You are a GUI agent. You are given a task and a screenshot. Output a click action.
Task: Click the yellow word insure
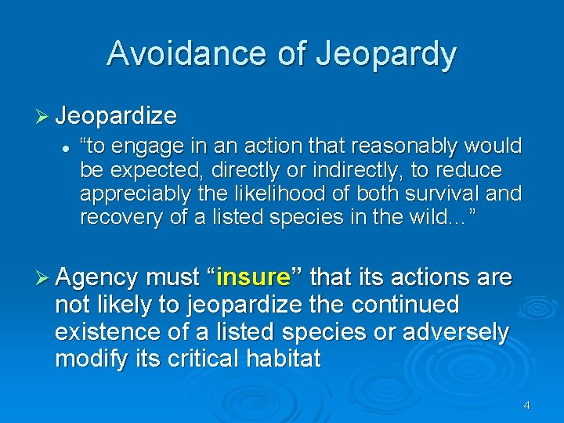[253, 277]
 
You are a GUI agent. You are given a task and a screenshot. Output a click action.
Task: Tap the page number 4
[526, 405]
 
